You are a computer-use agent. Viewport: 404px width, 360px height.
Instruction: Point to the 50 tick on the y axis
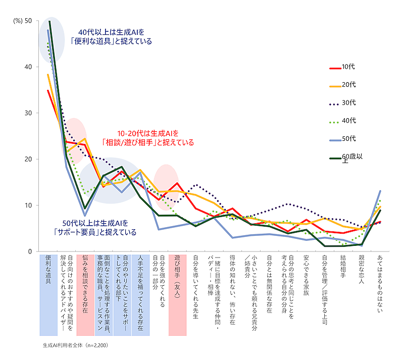[28, 21]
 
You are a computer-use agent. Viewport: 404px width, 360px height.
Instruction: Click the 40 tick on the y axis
[28, 67]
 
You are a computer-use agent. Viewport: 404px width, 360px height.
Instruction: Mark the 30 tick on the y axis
[28, 113]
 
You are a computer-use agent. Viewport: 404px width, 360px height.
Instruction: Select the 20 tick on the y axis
[28, 160]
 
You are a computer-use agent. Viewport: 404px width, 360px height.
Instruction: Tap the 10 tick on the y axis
[28, 205]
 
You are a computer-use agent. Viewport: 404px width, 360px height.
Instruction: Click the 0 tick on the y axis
[30, 251]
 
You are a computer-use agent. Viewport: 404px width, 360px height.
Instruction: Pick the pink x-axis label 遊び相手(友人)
[177, 277]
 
